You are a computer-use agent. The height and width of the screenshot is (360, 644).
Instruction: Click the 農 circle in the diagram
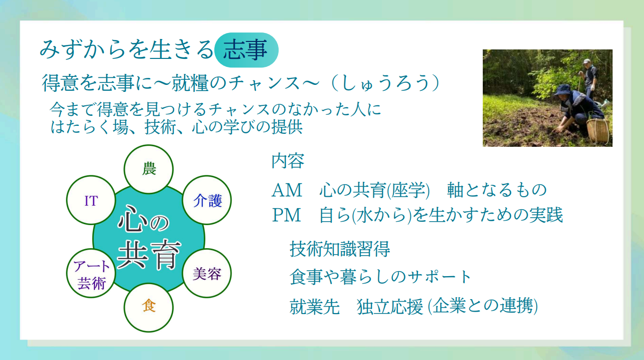pyautogui.click(x=149, y=169)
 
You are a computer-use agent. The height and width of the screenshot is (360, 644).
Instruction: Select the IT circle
pyautogui.click(x=91, y=200)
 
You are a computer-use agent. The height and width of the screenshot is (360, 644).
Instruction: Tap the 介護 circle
pyautogui.click(x=207, y=200)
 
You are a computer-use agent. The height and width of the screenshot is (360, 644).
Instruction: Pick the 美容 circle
pyautogui.click(x=207, y=273)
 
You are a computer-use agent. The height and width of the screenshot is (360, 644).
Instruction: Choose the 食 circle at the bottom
pyautogui.click(x=149, y=308)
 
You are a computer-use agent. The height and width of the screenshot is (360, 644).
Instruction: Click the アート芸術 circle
pyautogui.click(x=91, y=273)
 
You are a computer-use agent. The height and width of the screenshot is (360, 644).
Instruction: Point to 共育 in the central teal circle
pyautogui.click(x=149, y=255)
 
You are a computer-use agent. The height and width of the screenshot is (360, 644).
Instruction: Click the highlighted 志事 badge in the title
pyautogui.click(x=247, y=50)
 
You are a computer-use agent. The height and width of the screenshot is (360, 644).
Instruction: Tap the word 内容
pyautogui.click(x=288, y=161)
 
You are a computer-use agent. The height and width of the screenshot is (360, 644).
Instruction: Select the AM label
pyautogui.click(x=287, y=190)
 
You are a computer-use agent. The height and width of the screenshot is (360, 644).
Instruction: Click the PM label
pyautogui.click(x=287, y=215)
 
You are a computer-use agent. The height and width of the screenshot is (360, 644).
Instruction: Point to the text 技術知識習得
pyautogui.click(x=340, y=249)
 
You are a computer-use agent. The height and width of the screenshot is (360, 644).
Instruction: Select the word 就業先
pyautogui.click(x=315, y=307)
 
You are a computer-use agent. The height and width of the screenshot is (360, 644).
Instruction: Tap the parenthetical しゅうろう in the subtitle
pyautogui.click(x=385, y=83)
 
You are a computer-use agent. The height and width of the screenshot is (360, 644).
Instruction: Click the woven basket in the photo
pyautogui.click(x=598, y=131)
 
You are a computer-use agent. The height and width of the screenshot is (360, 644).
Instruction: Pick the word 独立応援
pyautogui.click(x=390, y=307)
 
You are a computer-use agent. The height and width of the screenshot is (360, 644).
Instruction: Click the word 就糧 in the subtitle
pyautogui.click(x=190, y=83)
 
